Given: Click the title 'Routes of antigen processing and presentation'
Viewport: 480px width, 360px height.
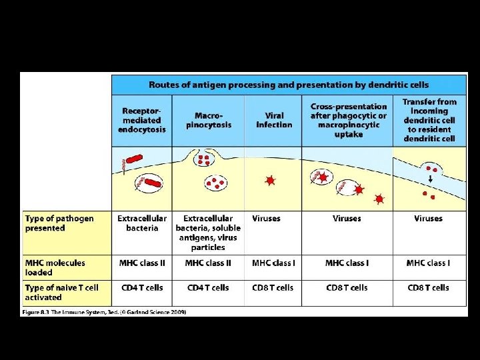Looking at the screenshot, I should (x=289, y=85).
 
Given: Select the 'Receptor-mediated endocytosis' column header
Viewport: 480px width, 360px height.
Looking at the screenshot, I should (x=141, y=120).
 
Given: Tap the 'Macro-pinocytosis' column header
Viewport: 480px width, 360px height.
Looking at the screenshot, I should (x=208, y=120).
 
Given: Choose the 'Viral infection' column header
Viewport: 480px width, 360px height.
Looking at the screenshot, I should (x=274, y=120).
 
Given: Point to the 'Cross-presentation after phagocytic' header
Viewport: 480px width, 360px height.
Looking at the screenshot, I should (x=348, y=120).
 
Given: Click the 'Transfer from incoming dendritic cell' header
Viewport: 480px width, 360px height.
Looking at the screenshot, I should (x=429, y=120).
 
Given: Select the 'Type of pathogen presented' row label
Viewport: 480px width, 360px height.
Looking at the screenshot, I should (x=59, y=223).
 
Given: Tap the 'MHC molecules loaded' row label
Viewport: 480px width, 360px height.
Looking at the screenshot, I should (x=55, y=267).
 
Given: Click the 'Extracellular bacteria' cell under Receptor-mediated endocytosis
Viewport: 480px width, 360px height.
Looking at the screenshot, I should (x=141, y=223).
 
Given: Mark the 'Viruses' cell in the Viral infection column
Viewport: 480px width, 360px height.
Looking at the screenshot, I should (x=266, y=219).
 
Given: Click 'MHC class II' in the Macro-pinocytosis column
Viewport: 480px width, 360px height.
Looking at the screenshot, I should (x=208, y=263).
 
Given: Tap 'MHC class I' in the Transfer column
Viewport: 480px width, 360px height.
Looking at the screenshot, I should (x=428, y=263).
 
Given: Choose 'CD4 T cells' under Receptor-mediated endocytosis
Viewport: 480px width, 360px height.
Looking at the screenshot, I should (x=141, y=288).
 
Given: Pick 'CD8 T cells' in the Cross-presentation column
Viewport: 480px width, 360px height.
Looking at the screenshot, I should (x=347, y=288).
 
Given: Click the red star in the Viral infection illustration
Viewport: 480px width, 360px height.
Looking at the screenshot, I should (x=269, y=180).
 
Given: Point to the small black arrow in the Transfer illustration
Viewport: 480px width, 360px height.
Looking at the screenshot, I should (x=429, y=179).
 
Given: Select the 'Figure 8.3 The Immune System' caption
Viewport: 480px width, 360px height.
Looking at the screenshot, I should (x=104, y=311).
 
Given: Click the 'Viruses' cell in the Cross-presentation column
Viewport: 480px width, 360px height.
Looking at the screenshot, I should (x=347, y=219).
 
